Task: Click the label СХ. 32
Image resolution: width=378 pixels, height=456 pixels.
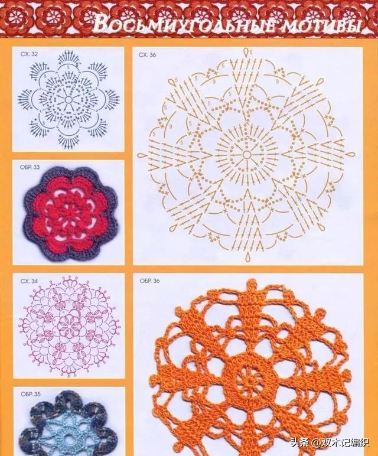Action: (29, 54)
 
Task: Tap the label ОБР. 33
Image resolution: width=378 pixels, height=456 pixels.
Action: (30, 167)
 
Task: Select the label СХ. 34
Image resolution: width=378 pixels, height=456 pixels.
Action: (29, 281)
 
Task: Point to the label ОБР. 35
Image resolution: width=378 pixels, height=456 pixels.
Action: (31, 394)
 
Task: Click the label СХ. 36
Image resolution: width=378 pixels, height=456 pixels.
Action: (147, 55)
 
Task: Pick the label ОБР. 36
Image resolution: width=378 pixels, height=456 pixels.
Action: (150, 281)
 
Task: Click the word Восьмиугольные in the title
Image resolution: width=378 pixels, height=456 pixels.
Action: (185, 23)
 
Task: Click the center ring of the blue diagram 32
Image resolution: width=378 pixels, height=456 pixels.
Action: (69, 99)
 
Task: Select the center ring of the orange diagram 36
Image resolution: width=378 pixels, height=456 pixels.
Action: (246, 154)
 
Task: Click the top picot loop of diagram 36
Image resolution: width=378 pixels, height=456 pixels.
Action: (247, 52)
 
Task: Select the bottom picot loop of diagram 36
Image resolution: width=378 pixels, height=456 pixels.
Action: (247, 257)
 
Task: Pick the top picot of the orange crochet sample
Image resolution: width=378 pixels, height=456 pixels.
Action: (252, 285)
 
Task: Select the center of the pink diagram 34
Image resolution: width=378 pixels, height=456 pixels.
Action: (69, 325)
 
